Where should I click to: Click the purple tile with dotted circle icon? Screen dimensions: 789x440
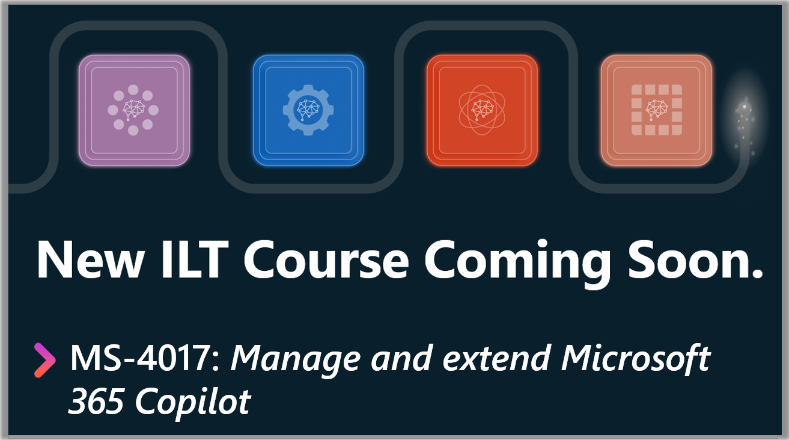coord(134,110)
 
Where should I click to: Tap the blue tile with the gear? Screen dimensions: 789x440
coord(308,110)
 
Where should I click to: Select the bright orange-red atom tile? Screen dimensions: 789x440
coord(482,110)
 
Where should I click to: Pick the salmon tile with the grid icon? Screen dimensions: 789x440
coord(656,110)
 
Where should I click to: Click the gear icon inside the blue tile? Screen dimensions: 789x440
coord(308,110)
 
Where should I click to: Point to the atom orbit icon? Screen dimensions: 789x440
coord(482,110)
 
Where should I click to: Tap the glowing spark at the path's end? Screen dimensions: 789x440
coord(745,107)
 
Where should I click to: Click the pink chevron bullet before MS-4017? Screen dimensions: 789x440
coord(44,361)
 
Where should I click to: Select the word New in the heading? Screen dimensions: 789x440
coord(91,259)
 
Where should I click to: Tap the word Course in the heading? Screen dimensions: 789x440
coord(326,259)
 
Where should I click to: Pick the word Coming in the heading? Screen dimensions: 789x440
coord(517,263)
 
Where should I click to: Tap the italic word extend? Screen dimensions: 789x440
coord(496,358)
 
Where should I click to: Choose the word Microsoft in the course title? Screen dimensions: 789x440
coord(635,358)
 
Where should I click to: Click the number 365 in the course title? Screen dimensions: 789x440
coord(96,401)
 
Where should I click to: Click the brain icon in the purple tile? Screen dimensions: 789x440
coord(134,110)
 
